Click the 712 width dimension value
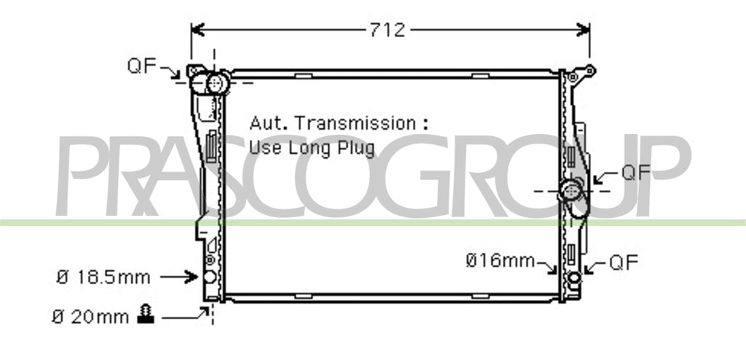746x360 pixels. pyautogui.click(x=388, y=31)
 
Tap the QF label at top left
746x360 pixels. pyautogui.click(x=141, y=66)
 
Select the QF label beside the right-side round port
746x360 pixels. pyautogui.click(x=635, y=173)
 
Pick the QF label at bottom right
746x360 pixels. pyautogui.click(x=624, y=262)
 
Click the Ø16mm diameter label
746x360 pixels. pyautogui.click(x=500, y=260)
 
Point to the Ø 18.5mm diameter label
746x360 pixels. pyautogui.click(x=103, y=277)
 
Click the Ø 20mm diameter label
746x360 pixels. pyautogui.click(x=90, y=317)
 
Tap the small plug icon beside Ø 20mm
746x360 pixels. pyautogui.click(x=146, y=315)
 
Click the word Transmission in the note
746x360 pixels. pyautogui.click(x=355, y=123)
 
